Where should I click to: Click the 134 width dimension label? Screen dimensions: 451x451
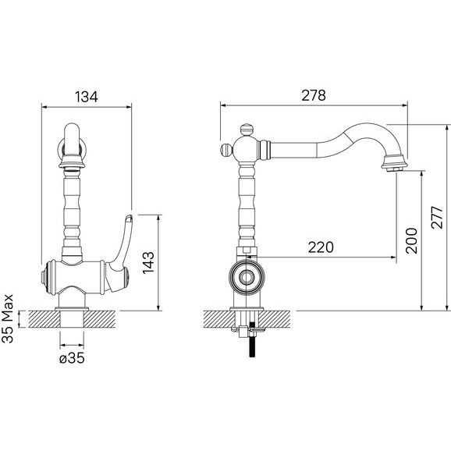[x=87, y=97]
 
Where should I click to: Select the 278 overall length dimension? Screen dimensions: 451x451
[x=314, y=95]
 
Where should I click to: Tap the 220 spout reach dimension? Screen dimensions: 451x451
[x=321, y=247]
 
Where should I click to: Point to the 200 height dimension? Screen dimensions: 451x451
[x=411, y=240]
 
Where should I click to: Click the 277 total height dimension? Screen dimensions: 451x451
[x=437, y=217]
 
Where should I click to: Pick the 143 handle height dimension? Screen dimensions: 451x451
[x=148, y=263]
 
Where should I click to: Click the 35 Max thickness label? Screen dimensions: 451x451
[x=8, y=318]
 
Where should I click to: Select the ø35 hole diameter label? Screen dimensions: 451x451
[x=72, y=358]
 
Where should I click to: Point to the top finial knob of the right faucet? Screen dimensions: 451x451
[x=247, y=130]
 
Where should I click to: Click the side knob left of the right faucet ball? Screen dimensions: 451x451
[x=225, y=150]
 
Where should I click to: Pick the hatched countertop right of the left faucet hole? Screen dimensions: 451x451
[x=100, y=319]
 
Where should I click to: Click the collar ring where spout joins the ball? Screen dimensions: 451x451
[x=265, y=150]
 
